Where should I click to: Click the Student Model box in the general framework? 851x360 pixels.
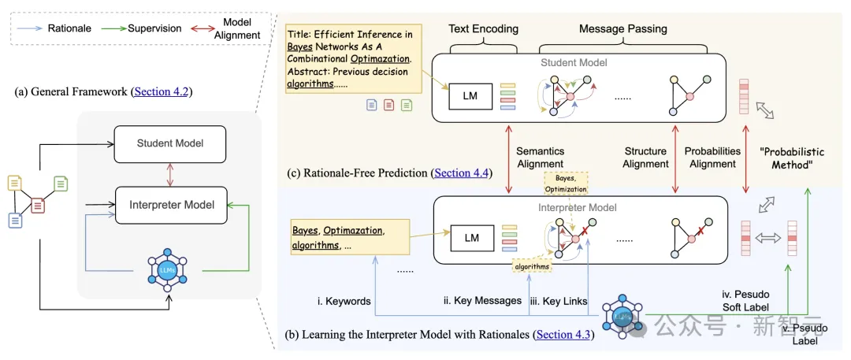pos(170,143)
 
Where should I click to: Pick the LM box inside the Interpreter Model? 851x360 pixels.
pos(471,237)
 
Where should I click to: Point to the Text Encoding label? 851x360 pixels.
pos(484,29)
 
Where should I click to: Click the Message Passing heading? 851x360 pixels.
pos(622,29)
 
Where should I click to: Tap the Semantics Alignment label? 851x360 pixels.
pos(540,158)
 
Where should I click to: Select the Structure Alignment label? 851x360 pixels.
pos(645,158)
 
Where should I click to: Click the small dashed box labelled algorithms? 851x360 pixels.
pos(532,266)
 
